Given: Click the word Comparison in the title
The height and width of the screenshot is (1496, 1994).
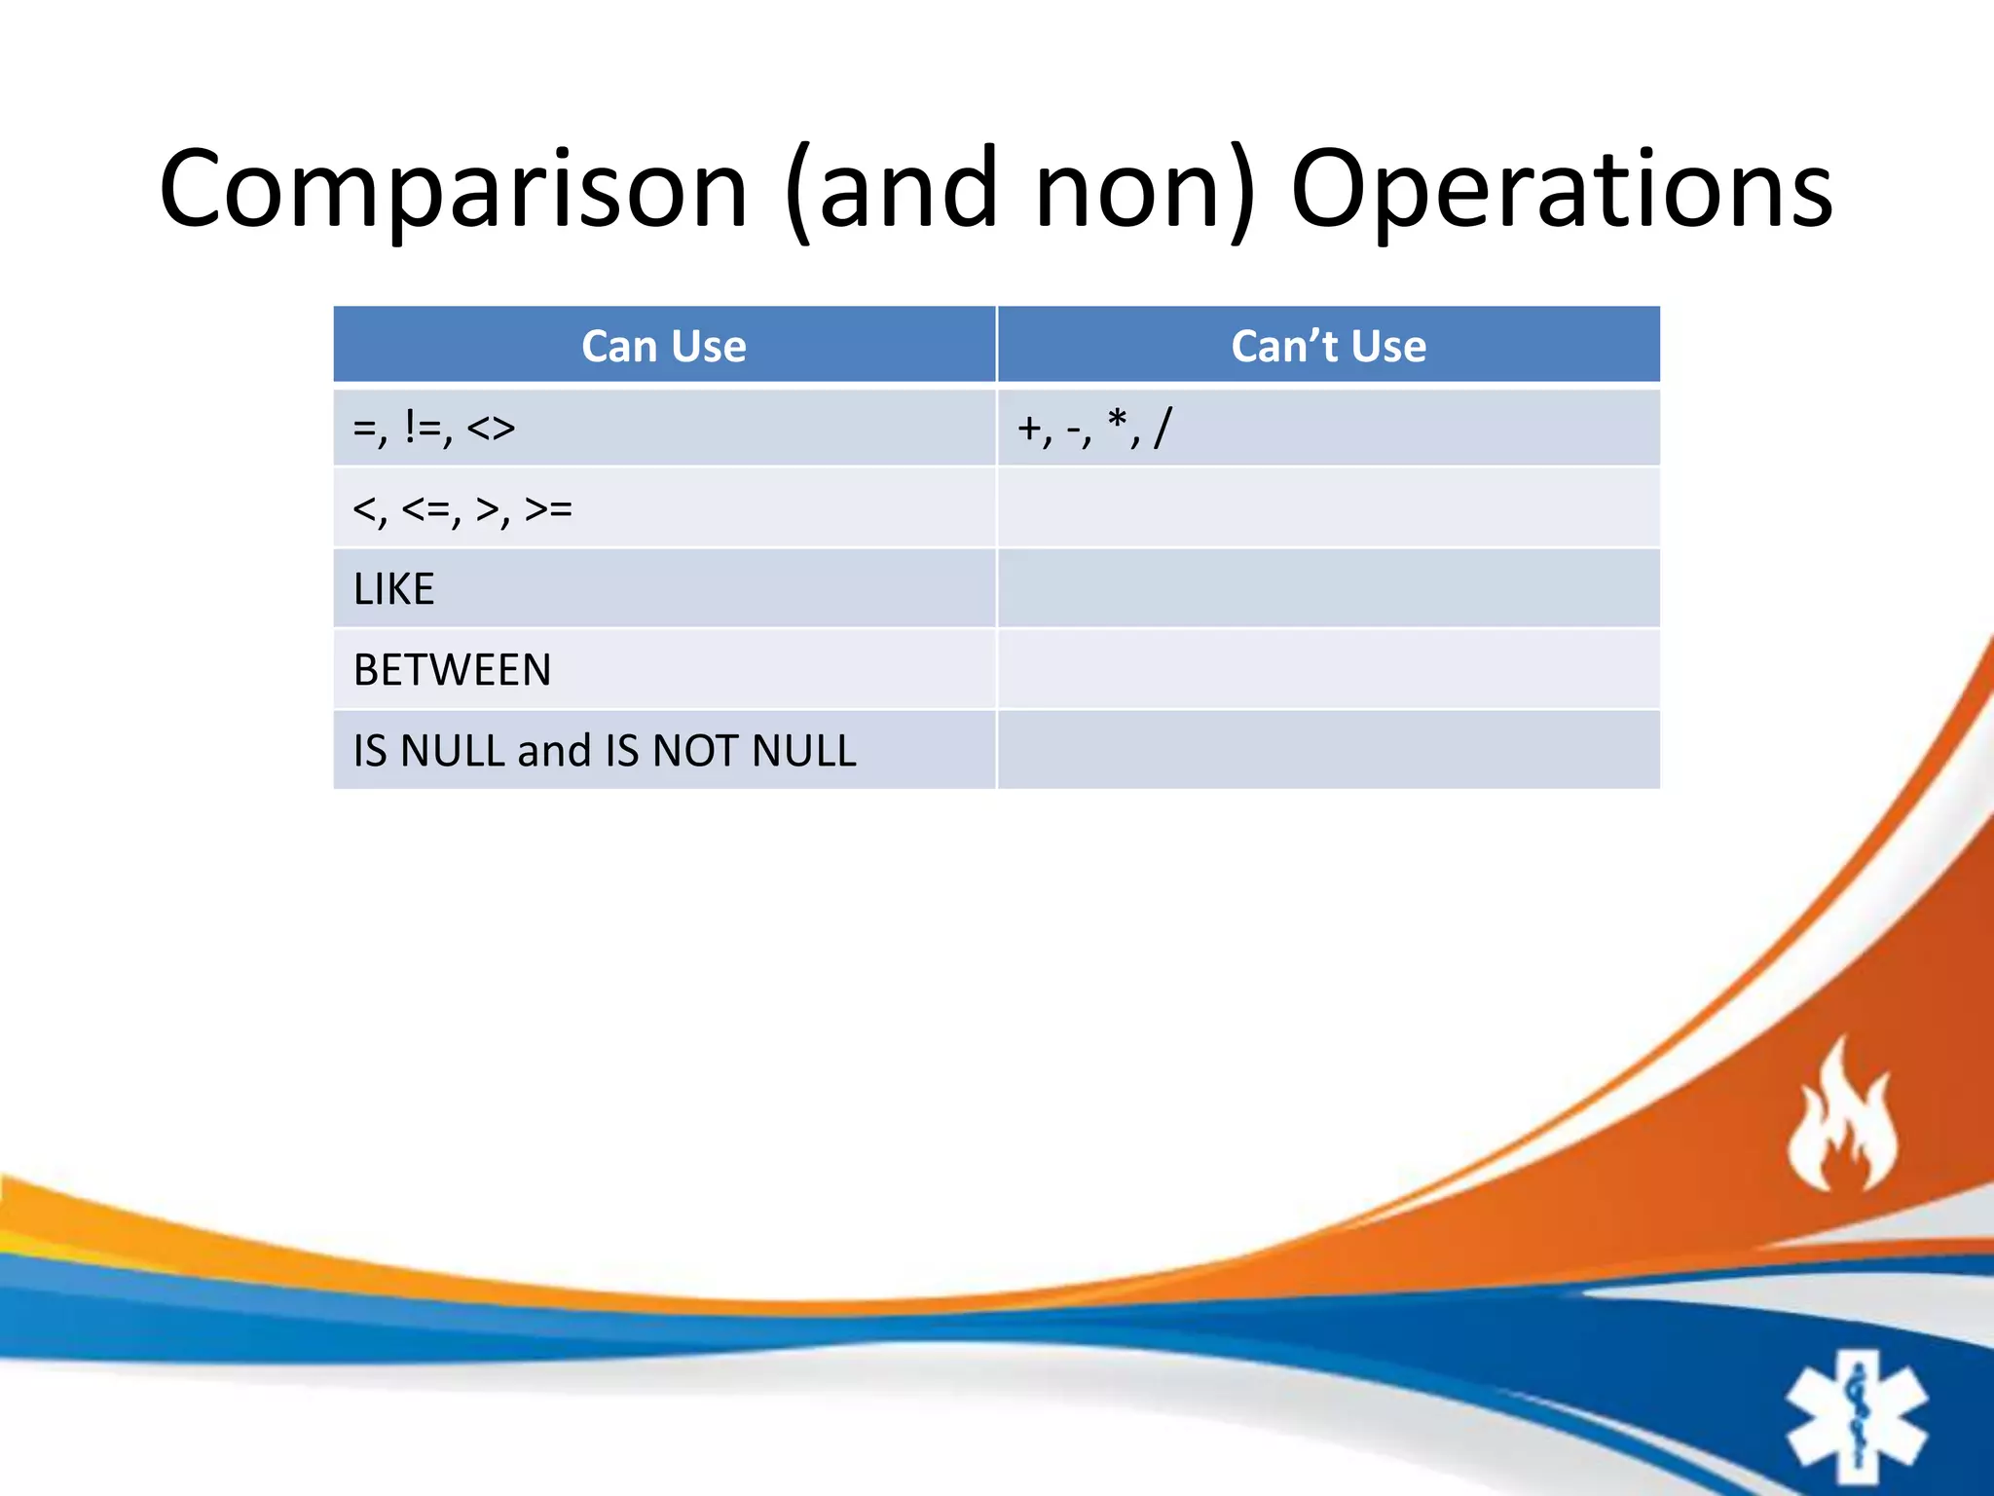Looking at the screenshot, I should click(x=453, y=190).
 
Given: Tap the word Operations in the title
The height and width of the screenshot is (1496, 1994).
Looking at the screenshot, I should click(x=1561, y=190).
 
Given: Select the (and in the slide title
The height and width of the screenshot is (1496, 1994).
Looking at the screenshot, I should click(x=891, y=190).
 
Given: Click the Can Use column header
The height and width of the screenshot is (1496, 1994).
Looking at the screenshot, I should click(x=664, y=346).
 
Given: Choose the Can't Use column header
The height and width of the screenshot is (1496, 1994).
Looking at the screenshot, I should click(x=1328, y=346).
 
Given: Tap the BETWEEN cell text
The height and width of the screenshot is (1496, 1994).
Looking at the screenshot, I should click(x=452, y=670).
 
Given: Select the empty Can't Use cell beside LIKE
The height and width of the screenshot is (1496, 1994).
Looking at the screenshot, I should click(x=1328, y=589).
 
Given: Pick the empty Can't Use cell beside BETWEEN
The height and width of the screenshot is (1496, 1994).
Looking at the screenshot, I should click(x=1328, y=670).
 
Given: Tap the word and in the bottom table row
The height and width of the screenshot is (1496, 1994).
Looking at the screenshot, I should click(x=554, y=751).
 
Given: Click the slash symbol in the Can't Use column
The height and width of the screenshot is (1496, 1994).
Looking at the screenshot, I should click(x=1163, y=428).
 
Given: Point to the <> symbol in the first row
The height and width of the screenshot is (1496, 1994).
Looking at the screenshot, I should click(x=491, y=428).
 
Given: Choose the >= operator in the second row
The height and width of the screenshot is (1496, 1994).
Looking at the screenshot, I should click(x=548, y=508).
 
